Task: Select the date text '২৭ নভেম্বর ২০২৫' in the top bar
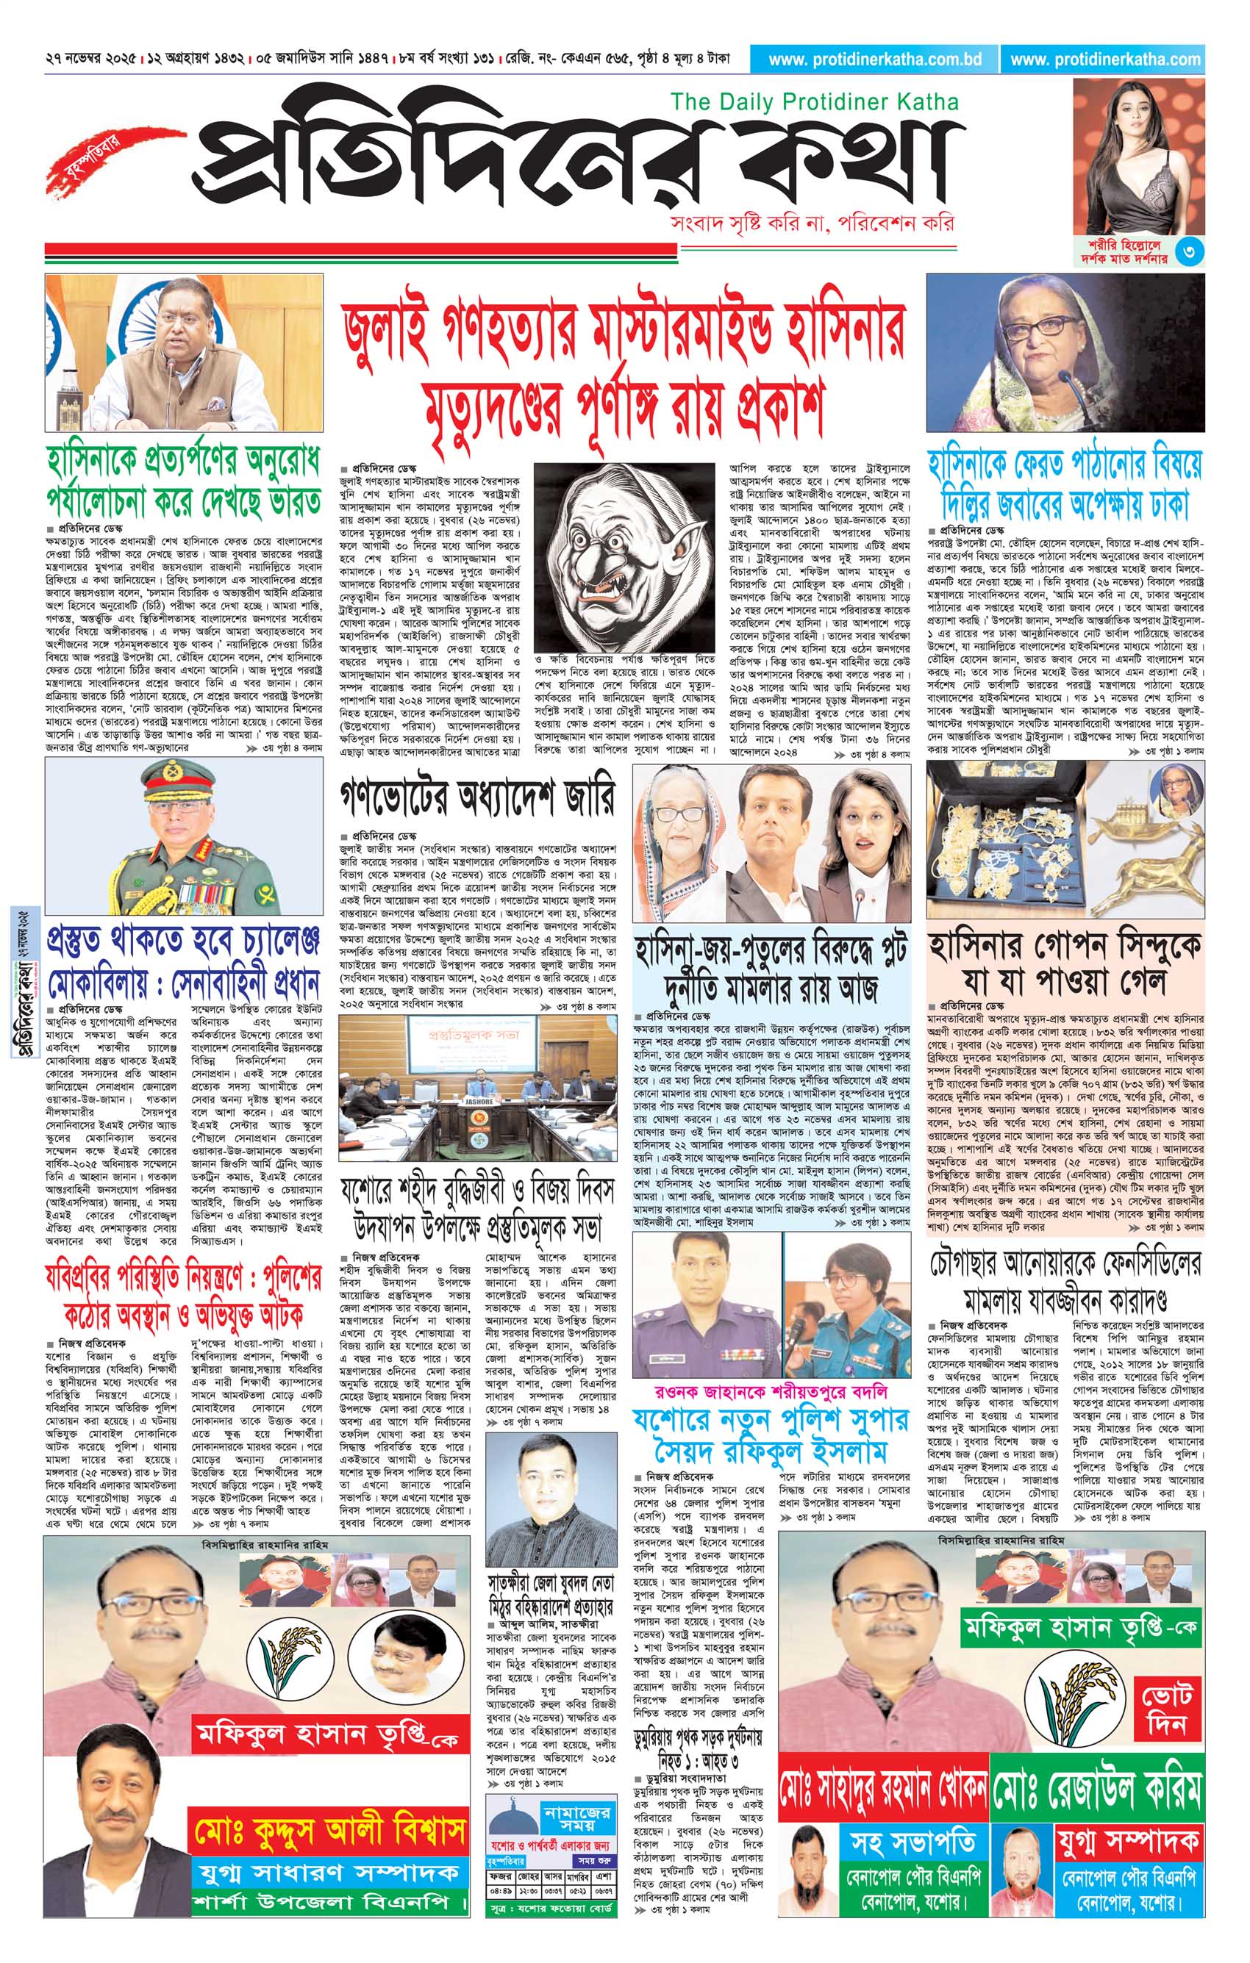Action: tap(91, 60)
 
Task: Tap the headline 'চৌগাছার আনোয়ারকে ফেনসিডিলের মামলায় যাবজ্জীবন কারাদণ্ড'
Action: tap(1065, 1280)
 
